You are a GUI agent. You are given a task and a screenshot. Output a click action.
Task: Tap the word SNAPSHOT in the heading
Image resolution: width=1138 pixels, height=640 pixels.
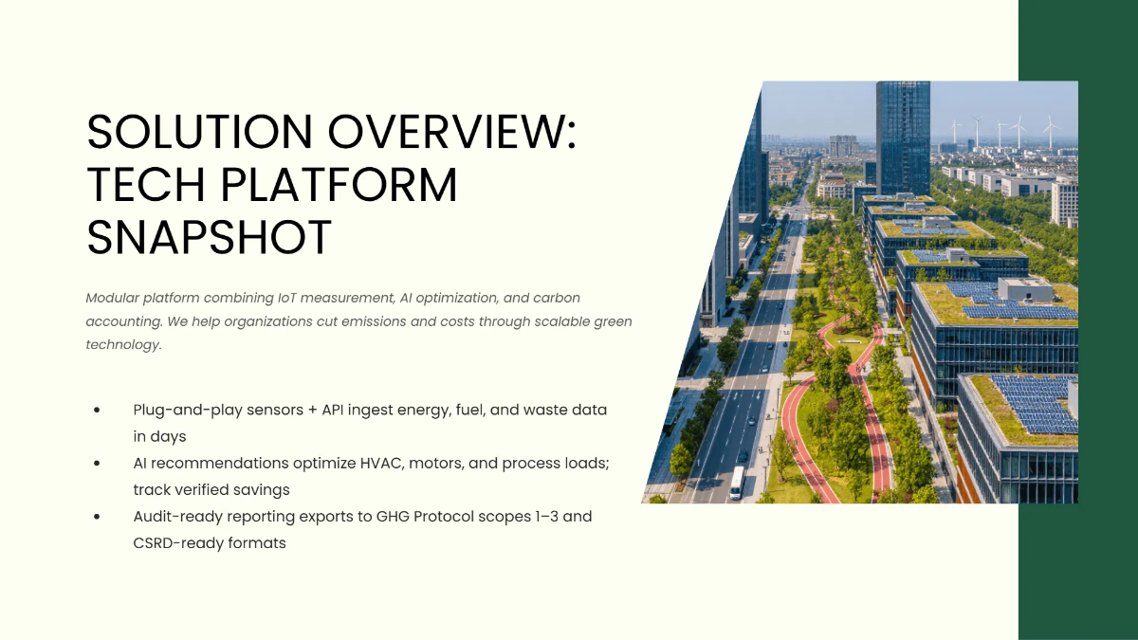tap(209, 237)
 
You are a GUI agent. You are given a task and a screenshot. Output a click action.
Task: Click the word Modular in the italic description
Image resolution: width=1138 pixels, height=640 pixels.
tap(113, 298)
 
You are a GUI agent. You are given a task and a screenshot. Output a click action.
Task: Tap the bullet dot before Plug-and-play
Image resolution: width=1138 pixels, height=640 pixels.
tap(98, 411)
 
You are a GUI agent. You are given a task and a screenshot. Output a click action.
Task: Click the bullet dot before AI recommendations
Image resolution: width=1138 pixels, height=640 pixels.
tap(98, 465)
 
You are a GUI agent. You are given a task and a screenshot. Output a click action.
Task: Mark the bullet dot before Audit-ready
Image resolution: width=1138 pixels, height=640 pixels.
tap(98, 518)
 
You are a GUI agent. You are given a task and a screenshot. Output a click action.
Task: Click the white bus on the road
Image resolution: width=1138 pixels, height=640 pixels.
tap(737, 483)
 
